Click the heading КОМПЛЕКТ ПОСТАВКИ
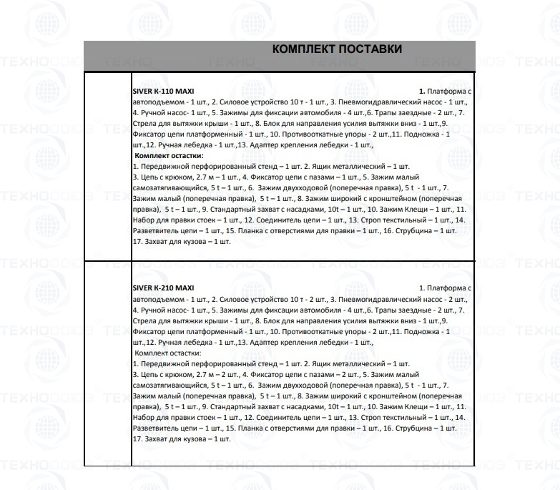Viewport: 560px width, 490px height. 337,49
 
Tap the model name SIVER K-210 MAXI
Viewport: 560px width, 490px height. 164,288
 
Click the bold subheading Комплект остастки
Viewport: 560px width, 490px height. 168,155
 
